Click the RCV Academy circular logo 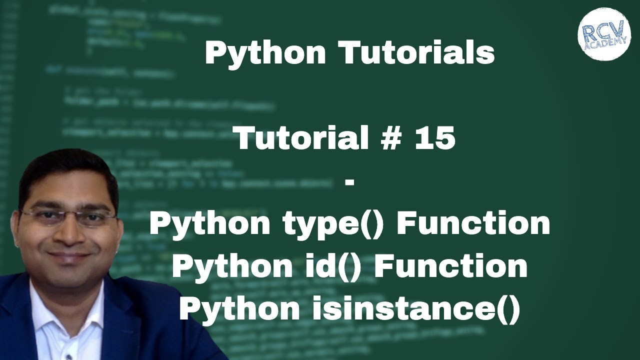point(604,34)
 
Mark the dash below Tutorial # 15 point(349,182)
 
